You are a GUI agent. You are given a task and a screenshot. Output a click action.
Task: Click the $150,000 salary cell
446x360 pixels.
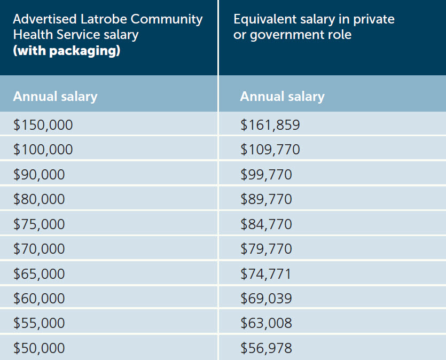point(43,125)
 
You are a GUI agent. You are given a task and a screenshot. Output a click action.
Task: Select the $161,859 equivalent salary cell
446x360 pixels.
point(270,125)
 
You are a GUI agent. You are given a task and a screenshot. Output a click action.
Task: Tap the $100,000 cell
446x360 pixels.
point(43,150)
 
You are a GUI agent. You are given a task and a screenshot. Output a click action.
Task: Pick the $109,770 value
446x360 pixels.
point(270,150)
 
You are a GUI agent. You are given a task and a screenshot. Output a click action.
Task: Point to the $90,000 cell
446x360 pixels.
point(39,175)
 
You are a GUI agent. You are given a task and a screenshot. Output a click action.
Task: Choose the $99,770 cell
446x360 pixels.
point(266,175)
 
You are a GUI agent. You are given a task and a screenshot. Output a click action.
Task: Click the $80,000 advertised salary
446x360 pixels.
point(39,199)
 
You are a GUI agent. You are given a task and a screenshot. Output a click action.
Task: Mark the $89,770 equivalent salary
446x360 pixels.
point(266,199)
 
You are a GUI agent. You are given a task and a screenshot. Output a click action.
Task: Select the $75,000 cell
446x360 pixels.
point(39,224)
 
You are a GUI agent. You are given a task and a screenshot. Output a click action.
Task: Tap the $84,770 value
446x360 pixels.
point(266,224)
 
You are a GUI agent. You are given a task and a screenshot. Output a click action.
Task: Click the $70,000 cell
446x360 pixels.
point(39,249)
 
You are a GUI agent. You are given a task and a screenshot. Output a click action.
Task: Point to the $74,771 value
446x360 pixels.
point(266,274)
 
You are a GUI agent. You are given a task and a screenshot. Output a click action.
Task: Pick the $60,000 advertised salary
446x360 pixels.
point(39,298)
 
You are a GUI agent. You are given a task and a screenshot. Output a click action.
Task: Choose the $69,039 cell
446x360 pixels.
point(266,298)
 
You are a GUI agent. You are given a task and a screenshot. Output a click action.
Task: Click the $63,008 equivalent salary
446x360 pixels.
point(266,323)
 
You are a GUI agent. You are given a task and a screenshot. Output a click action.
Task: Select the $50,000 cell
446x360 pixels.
point(39,348)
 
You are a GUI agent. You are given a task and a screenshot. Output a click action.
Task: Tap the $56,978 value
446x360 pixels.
point(266,348)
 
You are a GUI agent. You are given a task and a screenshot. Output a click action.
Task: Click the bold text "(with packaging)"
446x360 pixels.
point(66,52)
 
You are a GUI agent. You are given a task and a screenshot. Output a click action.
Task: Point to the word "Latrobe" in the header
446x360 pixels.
point(105,20)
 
